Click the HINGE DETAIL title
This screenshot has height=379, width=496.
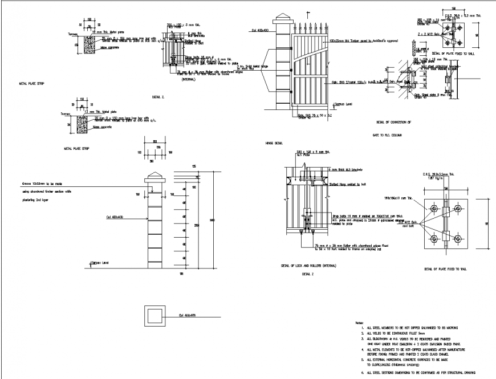275,143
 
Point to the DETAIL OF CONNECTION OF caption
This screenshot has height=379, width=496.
393,122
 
